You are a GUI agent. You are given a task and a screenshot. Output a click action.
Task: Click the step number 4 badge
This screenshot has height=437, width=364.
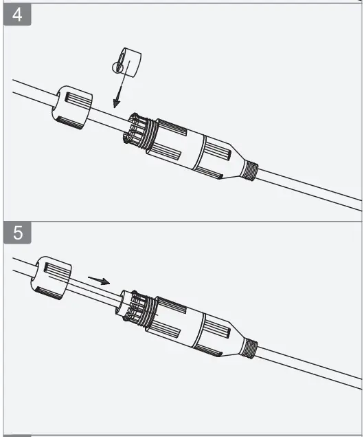(18, 16)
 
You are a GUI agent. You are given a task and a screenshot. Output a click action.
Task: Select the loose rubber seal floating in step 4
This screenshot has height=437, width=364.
(126, 63)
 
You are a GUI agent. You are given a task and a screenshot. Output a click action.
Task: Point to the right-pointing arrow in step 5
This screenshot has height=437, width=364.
(99, 280)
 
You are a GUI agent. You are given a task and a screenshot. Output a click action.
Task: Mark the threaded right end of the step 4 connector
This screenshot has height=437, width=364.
(249, 169)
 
